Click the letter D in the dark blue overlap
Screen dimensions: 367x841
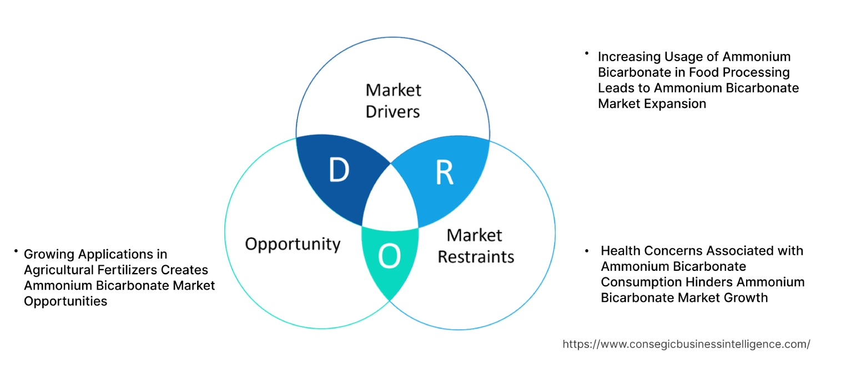[339, 171]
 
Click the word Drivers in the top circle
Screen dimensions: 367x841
[392, 111]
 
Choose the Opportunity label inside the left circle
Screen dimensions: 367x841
[293, 244]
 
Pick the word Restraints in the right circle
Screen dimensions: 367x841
[476, 256]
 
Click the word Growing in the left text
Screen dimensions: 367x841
[48, 254]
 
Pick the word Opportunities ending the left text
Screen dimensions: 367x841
[66, 301]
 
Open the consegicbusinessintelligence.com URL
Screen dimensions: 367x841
[686, 344]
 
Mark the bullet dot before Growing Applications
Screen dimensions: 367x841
[17, 252]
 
